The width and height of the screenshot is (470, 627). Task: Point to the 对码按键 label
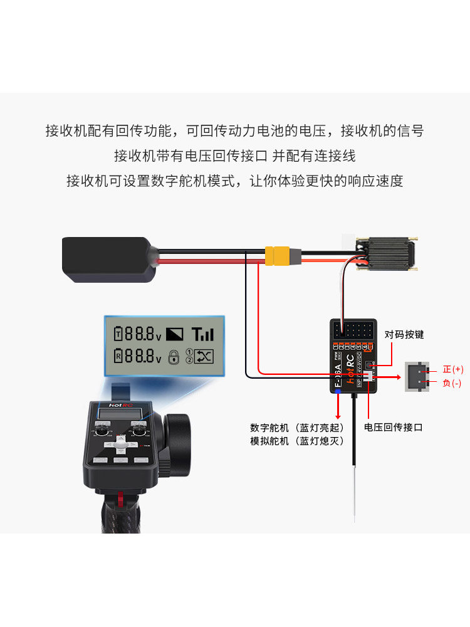[404, 335]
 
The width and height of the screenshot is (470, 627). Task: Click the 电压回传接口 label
[394, 427]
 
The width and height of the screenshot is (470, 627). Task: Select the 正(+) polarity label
[452, 369]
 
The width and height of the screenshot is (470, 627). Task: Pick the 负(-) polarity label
[452, 383]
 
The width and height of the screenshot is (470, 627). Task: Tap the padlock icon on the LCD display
[174, 357]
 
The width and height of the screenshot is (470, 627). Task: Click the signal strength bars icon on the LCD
[202, 334]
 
